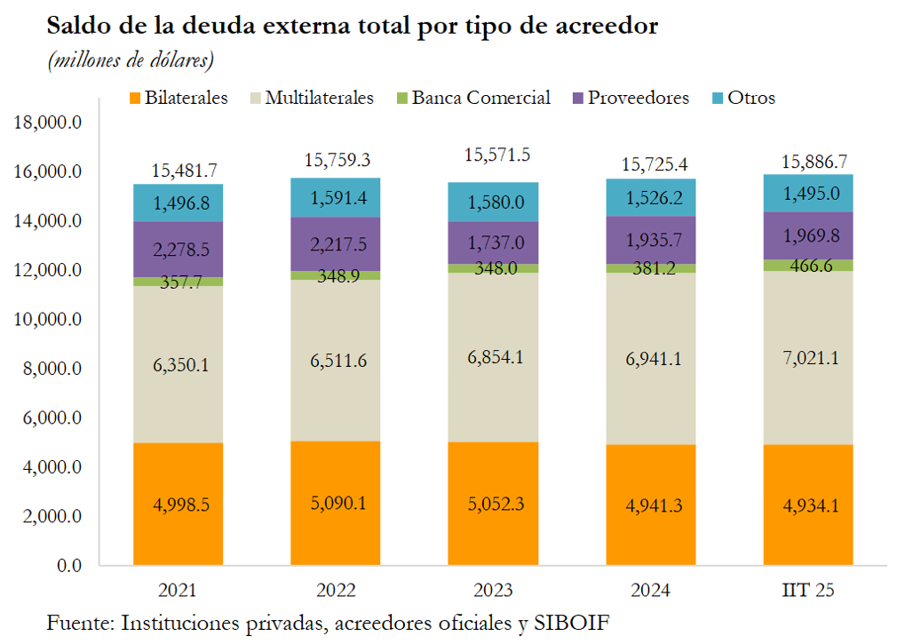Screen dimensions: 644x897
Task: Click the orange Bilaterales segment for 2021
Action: [178, 504]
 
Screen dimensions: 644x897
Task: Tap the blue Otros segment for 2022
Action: [336, 197]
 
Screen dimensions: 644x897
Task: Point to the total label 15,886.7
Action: [809, 162]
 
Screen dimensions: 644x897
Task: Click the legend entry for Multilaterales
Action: [319, 98]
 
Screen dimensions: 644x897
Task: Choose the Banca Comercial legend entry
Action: [480, 98]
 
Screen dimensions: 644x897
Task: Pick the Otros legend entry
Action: [751, 98]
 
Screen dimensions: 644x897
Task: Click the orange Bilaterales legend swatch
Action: [135, 98]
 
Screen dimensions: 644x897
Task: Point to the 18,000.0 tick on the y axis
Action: [50, 123]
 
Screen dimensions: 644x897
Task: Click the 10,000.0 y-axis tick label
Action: [50, 319]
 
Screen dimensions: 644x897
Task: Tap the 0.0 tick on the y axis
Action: [67, 565]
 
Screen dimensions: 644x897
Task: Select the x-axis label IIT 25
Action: [809, 591]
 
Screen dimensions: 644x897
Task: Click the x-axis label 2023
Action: [494, 591]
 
